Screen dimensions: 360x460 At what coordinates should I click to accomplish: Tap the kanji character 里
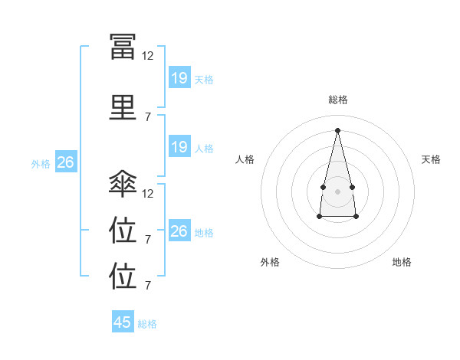pyautogui.click(x=123, y=107)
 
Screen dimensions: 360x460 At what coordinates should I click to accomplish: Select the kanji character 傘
pyautogui.click(x=123, y=184)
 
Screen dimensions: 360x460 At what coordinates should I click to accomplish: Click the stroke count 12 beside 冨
pyautogui.click(x=148, y=56)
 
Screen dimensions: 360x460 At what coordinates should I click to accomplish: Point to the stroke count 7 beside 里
pyautogui.click(x=148, y=117)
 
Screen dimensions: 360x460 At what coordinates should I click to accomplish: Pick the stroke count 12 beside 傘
pyautogui.click(x=148, y=194)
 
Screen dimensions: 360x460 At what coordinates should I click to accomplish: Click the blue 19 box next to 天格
pyautogui.click(x=179, y=78)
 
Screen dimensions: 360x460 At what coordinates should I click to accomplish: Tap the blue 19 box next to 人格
pyautogui.click(x=179, y=147)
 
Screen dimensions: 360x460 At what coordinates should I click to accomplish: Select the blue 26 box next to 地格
pyautogui.click(x=179, y=231)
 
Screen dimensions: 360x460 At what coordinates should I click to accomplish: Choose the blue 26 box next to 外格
pyautogui.click(x=65, y=162)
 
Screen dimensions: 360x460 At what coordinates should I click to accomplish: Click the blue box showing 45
pyautogui.click(x=123, y=322)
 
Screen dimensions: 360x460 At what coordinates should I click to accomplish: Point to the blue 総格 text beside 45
pyautogui.click(x=147, y=324)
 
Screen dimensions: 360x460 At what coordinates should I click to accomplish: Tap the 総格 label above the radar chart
pyautogui.click(x=338, y=100)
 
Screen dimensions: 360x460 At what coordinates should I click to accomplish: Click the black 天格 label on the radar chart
pyautogui.click(x=432, y=159)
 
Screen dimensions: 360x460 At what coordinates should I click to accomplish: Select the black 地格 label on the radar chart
pyautogui.click(x=402, y=262)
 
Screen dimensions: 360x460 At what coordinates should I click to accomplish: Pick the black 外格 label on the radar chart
pyautogui.click(x=270, y=262)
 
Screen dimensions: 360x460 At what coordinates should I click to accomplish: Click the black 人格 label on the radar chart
pyautogui.click(x=245, y=159)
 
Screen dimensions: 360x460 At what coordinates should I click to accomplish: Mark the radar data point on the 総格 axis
pyautogui.click(x=338, y=129)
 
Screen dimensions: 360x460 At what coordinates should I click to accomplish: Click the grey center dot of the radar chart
pyautogui.click(x=338, y=189)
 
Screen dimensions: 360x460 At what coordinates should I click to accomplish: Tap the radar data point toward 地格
pyautogui.click(x=356, y=217)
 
